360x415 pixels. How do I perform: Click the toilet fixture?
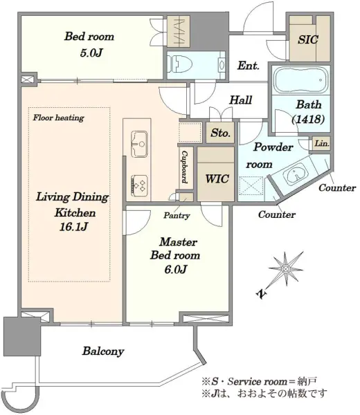180,64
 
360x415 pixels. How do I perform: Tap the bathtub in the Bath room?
301,80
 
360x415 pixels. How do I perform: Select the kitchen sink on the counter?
139,144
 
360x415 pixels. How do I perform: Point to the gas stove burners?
139,185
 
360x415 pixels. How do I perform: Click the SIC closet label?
308,39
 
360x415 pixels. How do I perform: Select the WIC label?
217,179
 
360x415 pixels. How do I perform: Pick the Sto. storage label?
220,133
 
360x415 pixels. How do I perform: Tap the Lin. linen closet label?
322,144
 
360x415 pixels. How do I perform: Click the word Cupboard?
184,167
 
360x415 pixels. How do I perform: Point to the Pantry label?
177,215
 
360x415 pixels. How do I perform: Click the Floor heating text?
59,118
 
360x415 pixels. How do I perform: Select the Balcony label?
103,351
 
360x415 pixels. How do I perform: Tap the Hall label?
240,100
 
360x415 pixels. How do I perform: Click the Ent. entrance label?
249,66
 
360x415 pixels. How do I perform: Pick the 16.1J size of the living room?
73,227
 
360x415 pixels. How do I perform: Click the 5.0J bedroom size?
91,53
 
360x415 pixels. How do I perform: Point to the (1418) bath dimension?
308,120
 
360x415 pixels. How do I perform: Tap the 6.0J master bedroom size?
176,270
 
